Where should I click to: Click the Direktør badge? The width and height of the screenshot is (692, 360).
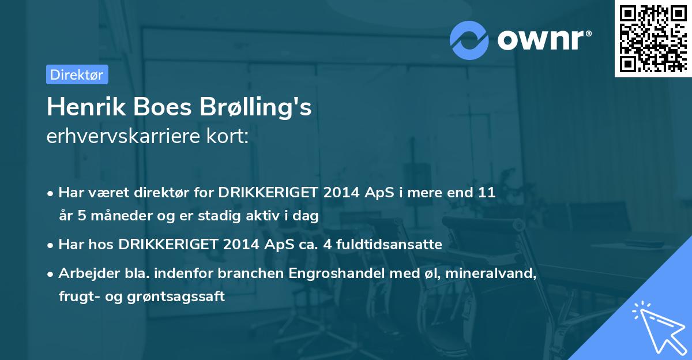(77, 74)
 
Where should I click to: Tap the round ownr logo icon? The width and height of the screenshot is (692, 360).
(469, 40)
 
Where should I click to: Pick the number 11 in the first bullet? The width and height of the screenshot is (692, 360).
(487, 193)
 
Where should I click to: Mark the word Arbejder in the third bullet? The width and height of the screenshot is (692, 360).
(84, 274)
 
